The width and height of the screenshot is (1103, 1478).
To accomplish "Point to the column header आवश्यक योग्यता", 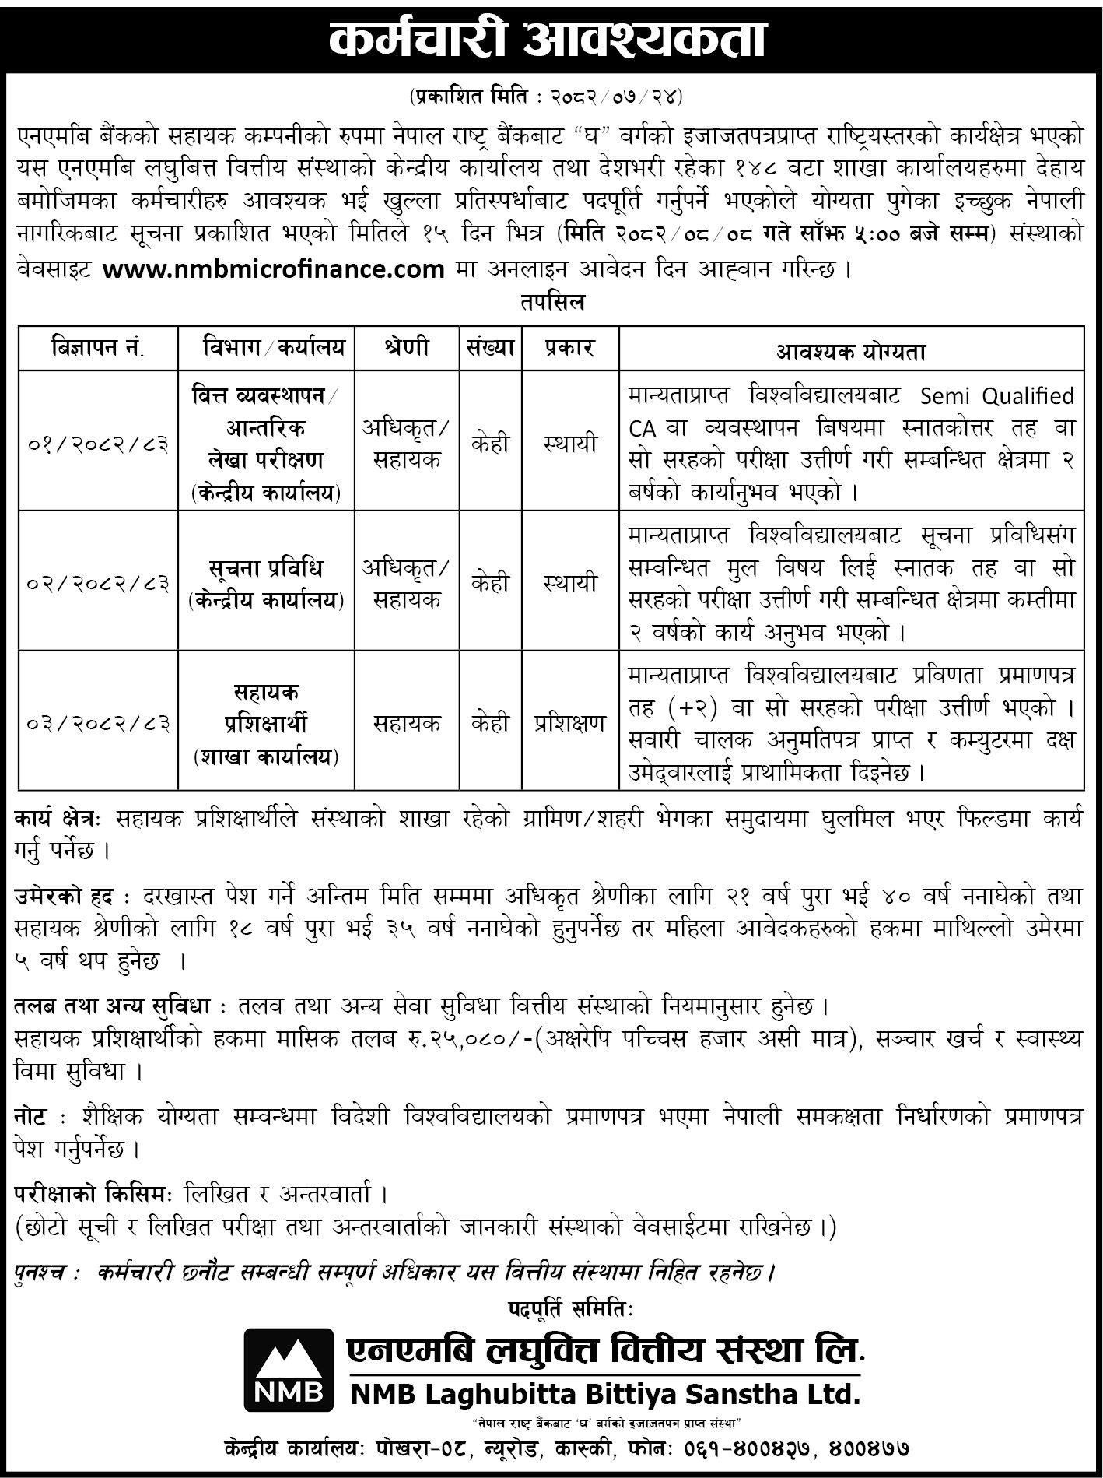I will pyautogui.click(x=851, y=351).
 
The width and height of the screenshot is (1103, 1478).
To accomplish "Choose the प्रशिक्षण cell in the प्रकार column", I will pyautogui.click(x=570, y=723).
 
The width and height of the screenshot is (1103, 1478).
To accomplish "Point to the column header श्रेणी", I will pyautogui.click(x=406, y=348).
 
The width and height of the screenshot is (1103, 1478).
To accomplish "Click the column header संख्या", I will pyautogui.click(x=490, y=348).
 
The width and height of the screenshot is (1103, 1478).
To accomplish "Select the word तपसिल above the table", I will pyautogui.click(x=552, y=303).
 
